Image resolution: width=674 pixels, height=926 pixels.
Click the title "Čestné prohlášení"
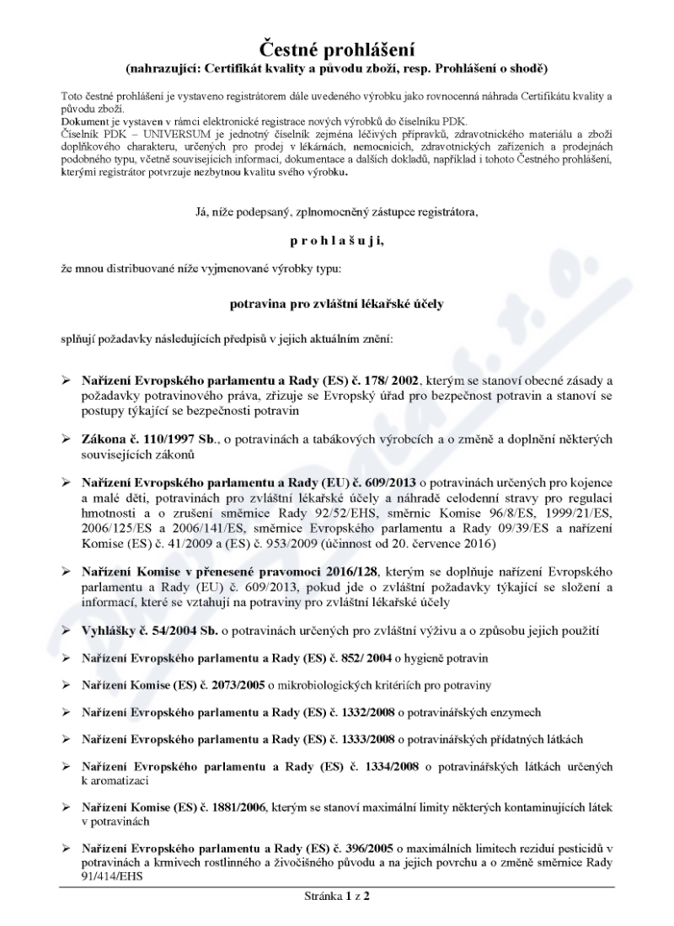337,47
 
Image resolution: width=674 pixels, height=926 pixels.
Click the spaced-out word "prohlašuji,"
336,240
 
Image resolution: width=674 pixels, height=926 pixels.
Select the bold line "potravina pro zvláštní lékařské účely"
337,302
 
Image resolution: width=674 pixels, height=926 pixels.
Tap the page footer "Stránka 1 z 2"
337,896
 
